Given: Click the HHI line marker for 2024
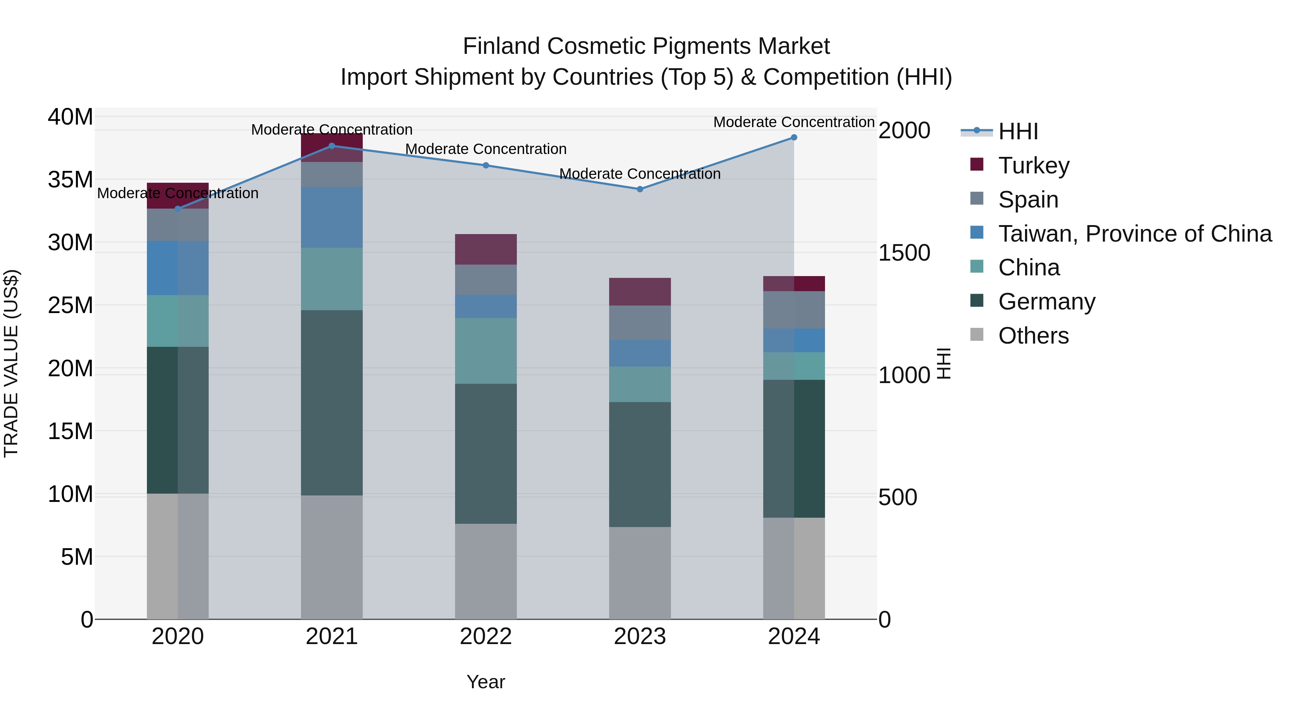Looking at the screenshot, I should click(x=793, y=138).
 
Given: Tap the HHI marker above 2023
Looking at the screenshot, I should click(x=639, y=189).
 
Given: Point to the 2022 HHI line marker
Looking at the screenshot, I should click(x=485, y=166).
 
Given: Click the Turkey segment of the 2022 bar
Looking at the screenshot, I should click(x=485, y=250).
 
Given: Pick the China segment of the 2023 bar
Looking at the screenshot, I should click(x=639, y=384).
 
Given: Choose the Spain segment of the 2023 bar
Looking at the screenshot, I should click(x=639, y=323).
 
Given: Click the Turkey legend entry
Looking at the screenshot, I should click(x=1033, y=165).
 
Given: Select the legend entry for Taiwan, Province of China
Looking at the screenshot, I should click(x=1134, y=233).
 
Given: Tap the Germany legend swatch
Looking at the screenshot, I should click(x=977, y=301).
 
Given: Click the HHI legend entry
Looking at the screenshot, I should click(x=1018, y=131).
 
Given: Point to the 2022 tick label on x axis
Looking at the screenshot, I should click(x=485, y=637).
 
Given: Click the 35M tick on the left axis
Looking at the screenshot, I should click(x=70, y=180).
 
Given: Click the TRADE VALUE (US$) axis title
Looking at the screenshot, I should click(x=11, y=363).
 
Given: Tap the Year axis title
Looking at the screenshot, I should click(x=485, y=682).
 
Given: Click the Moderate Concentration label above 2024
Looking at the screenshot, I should click(x=793, y=122).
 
